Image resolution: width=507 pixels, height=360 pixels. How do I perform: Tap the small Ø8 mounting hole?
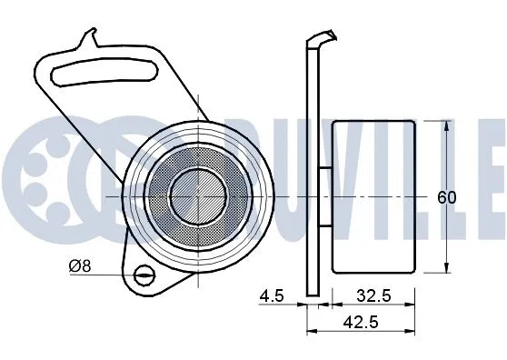(143, 275)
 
